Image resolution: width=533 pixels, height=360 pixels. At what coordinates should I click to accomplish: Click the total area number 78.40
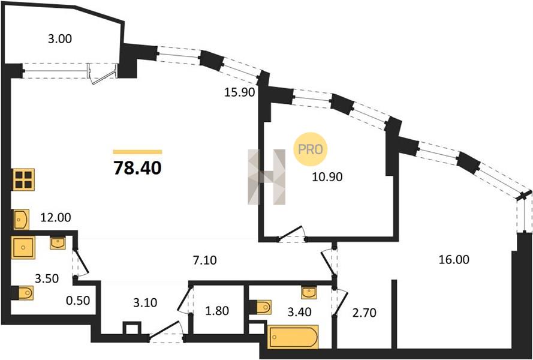coord(137,168)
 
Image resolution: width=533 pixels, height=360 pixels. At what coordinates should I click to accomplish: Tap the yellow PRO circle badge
coord(310,149)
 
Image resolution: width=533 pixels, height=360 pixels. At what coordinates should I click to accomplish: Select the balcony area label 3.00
coord(60,39)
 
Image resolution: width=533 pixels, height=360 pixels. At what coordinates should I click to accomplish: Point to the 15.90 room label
coord(240,92)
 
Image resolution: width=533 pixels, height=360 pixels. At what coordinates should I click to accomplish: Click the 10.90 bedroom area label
coord(327,176)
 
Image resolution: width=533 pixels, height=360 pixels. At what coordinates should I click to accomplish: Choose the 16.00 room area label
coord(454,260)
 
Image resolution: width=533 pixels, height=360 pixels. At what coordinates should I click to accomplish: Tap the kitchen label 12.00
coord(56,217)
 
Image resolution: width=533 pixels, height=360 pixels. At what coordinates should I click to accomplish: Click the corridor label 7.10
coord(204,260)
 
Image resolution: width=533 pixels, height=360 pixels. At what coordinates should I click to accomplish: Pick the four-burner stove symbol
coord(23,179)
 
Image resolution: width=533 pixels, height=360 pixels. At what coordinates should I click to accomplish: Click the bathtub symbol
coord(293,337)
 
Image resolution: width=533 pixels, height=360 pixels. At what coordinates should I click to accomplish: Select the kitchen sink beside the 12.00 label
coord(21,220)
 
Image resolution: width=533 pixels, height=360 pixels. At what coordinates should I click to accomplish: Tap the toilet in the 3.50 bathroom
coord(23,293)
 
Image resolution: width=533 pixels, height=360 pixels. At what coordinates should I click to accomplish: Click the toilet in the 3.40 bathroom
coord(260,307)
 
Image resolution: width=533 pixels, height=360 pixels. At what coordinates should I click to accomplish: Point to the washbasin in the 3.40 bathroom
coord(309,293)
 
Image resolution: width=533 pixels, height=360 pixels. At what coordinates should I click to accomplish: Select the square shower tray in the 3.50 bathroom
coord(23,247)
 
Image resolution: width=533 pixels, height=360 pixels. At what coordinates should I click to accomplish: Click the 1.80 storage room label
coord(217,311)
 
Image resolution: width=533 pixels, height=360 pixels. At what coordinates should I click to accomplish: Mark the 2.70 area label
coord(364,313)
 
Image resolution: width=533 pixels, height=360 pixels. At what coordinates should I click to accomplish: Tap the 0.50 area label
coord(78,301)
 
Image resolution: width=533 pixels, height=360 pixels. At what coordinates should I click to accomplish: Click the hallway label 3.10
coord(145,302)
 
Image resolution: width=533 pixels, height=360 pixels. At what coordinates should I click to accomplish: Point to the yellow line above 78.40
coord(137,152)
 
